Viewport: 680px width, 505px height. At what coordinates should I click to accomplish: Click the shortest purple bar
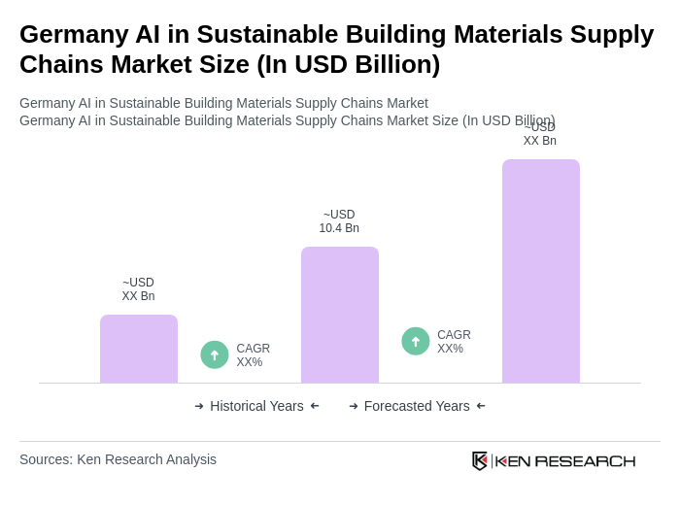(139, 349)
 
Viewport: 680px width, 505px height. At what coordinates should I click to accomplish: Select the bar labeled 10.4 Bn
(340, 315)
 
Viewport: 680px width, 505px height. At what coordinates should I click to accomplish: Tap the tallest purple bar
(541, 271)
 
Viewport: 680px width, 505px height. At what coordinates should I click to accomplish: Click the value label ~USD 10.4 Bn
(339, 221)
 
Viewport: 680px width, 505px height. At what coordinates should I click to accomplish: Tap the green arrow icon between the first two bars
(215, 354)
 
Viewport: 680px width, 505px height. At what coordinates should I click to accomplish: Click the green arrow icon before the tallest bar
(416, 341)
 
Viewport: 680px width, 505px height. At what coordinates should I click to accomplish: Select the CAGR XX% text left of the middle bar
(254, 355)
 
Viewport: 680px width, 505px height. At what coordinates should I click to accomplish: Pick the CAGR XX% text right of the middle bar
(454, 342)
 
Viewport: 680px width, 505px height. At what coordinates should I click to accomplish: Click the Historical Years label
(256, 406)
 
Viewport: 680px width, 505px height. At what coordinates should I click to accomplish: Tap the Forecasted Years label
(417, 406)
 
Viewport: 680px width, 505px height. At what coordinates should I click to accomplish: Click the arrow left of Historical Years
(199, 406)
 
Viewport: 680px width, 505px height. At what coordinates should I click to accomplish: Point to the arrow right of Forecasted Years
(481, 406)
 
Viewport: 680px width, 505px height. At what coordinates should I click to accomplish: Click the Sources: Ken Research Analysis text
(118, 459)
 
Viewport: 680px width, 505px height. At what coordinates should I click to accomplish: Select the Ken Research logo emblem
(480, 460)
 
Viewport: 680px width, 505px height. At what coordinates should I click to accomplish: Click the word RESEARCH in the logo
(585, 460)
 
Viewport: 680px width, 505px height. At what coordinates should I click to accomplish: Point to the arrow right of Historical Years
(315, 406)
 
